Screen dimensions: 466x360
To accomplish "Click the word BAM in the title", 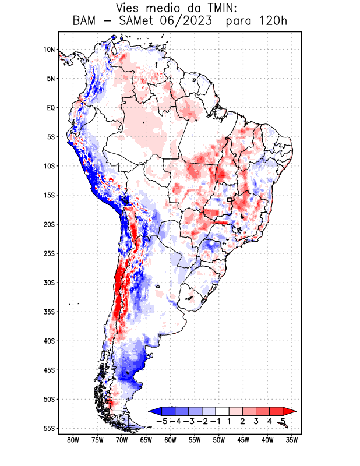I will click(86, 22).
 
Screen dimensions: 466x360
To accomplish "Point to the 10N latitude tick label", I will click(49, 50).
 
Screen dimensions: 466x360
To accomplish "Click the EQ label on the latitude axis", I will click(51, 108).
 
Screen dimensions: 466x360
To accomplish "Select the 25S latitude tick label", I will click(49, 253).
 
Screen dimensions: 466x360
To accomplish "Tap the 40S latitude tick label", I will click(49, 341).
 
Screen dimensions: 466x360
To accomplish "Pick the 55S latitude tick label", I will click(49, 428).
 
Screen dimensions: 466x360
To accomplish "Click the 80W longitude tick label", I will click(73, 440).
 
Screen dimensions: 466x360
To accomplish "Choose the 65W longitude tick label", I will click(146, 440).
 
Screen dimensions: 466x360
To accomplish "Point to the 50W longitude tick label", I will click(219, 440).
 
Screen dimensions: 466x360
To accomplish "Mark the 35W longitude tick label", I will click(292, 440).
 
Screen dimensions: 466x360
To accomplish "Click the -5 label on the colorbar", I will click(162, 421).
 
